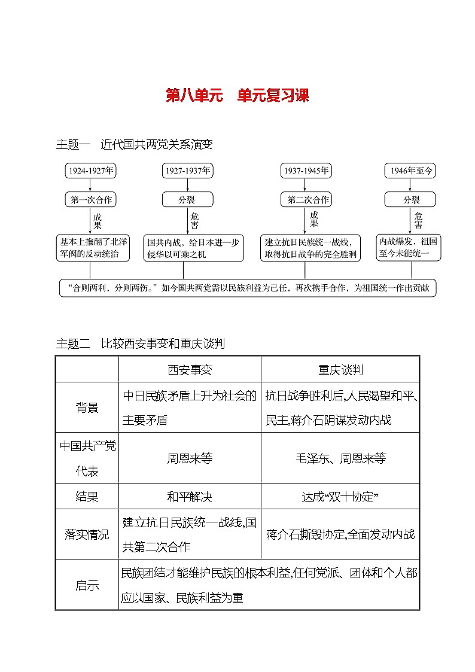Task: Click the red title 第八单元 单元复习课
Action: tap(237, 96)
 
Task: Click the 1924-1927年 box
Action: tap(90, 171)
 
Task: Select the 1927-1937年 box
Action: tap(187, 171)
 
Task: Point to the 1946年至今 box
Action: tap(410, 171)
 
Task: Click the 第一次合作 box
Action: tap(90, 200)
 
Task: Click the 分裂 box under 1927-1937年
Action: tap(187, 200)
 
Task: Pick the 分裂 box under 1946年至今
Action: tap(410, 200)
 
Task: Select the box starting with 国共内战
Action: tap(193, 248)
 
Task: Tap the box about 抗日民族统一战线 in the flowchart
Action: tap(310, 248)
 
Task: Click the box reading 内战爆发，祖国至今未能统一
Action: tap(409, 247)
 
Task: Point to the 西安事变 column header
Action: tap(190, 369)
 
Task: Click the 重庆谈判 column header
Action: tap(340, 369)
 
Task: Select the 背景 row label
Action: tap(87, 408)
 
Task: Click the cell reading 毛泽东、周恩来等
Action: tap(340, 458)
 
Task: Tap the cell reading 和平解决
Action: tap(190, 497)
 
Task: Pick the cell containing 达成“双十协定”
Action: tap(340, 497)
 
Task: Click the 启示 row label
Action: tap(87, 585)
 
